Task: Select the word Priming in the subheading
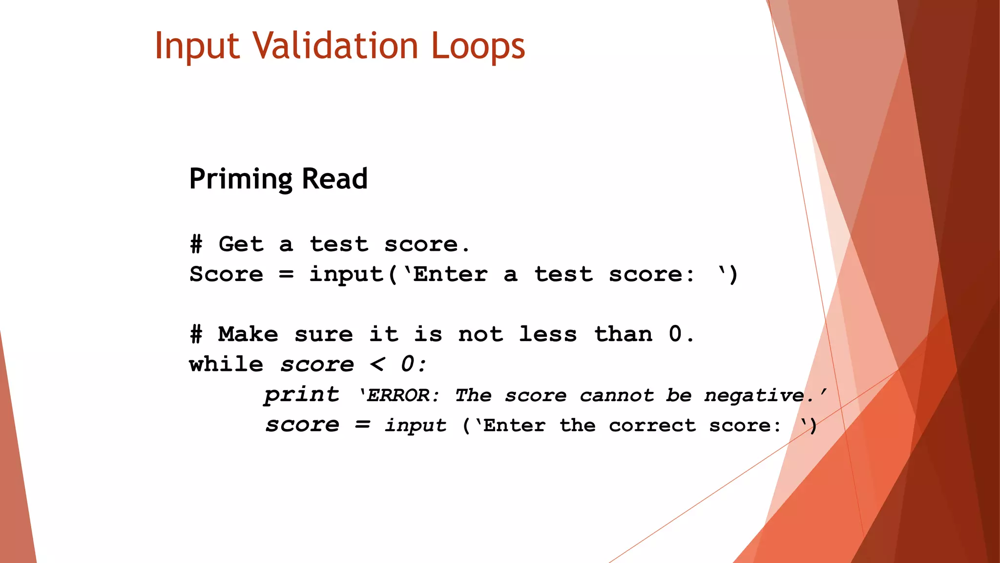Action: pyautogui.click(x=240, y=179)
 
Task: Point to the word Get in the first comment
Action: pyautogui.click(x=241, y=244)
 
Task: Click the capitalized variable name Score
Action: pyautogui.click(x=226, y=274)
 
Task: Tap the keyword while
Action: pyautogui.click(x=226, y=365)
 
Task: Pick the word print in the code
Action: pyautogui.click(x=302, y=395)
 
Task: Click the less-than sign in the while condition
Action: pyautogui.click(x=377, y=365)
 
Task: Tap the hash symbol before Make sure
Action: pyautogui.click(x=196, y=334)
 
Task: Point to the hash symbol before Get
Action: pyautogui.click(x=196, y=244)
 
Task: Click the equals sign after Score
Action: pyautogui.click(x=287, y=274)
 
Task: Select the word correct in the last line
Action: pyautogui.click(x=652, y=425)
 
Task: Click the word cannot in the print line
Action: pyautogui.click(x=616, y=395)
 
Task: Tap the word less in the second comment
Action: pyautogui.click(x=548, y=334)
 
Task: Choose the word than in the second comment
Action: pyautogui.click(x=624, y=334)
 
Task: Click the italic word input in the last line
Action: pyautogui.click(x=416, y=425)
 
